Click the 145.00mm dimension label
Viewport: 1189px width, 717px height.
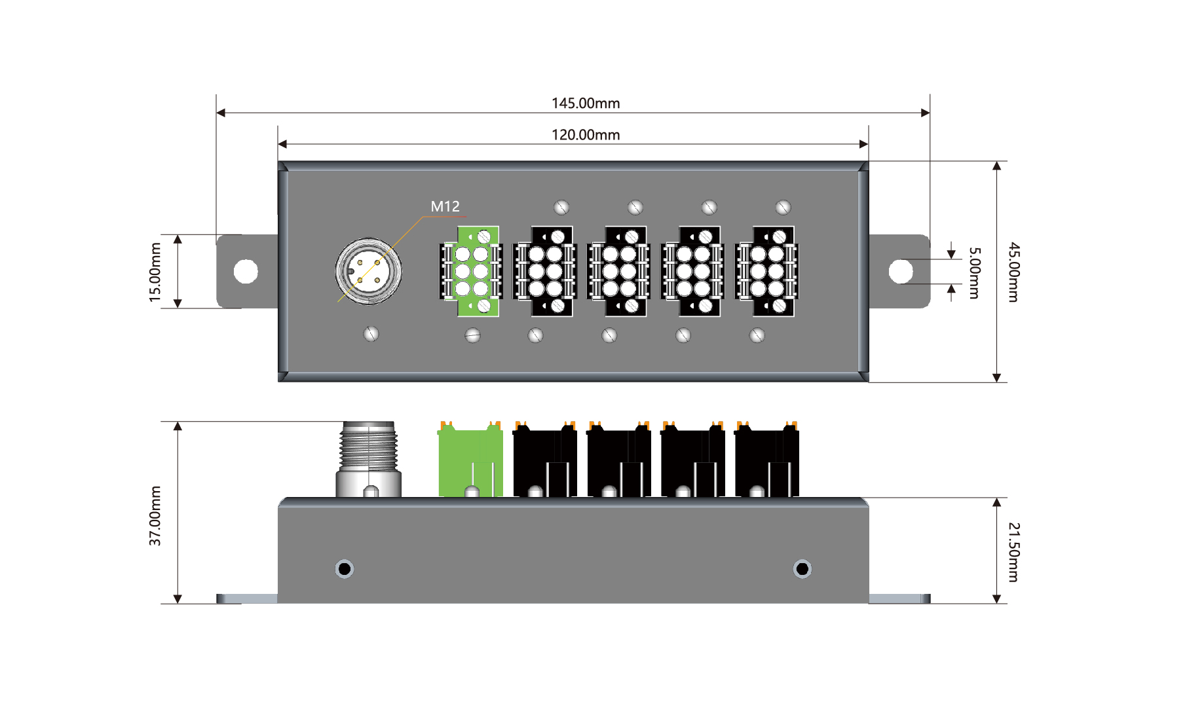tap(585, 103)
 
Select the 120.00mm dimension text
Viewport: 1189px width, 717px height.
tap(585, 135)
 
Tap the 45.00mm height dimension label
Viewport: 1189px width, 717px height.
tap(1013, 272)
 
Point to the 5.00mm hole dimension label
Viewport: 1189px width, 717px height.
tap(975, 272)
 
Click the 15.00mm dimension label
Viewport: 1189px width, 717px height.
tap(155, 272)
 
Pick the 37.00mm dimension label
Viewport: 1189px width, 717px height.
tap(155, 515)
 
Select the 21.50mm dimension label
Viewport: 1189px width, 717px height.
tap(1013, 552)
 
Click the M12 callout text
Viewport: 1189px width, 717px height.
tap(445, 206)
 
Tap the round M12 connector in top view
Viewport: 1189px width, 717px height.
tap(369, 271)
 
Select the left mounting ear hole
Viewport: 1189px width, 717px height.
tap(246, 271)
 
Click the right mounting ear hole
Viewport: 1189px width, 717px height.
tap(901, 271)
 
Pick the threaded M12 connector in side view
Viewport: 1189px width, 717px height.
tap(369, 458)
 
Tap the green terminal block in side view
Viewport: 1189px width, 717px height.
tap(470, 462)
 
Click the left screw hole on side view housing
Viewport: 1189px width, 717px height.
tap(345, 568)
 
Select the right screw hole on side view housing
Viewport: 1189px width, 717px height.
tap(802, 568)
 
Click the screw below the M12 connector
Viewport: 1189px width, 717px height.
tap(371, 334)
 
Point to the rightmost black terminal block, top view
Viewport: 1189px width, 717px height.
tap(767, 271)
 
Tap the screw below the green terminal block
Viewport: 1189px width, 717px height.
tap(472, 336)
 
